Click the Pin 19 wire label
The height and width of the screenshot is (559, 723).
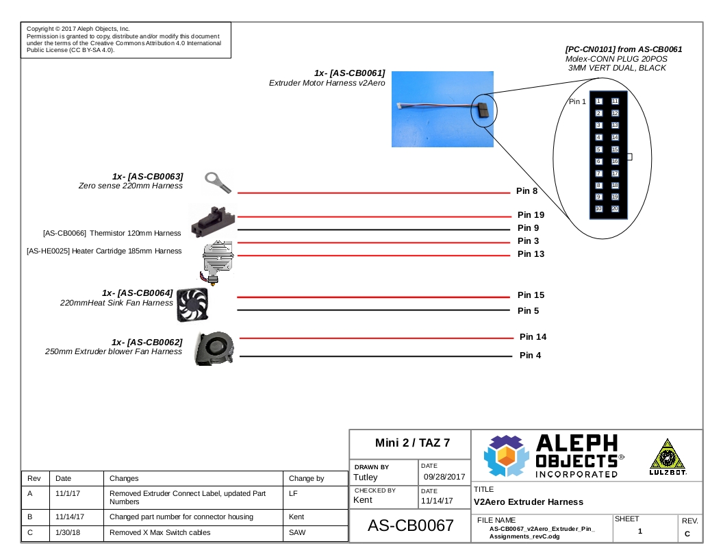[x=531, y=215]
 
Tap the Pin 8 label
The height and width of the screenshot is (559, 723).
[x=527, y=191]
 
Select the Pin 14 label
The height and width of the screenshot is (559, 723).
[x=533, y=336]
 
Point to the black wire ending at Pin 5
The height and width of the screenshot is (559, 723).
[x=374, y=310]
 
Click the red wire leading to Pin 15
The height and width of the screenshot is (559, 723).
[x=374, y=297]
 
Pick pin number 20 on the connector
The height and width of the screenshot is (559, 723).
[x=615, y=208]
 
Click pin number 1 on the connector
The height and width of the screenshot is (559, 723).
[x=598, y=101]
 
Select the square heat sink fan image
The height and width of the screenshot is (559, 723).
[x=193, y=304]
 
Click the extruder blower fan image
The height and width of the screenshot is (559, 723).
[x=214, y=348]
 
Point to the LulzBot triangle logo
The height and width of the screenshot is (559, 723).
[x=668, y=457]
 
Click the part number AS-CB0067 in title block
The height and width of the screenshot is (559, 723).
[x=410, y=525]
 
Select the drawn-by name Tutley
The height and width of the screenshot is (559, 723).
[x=365, y=477]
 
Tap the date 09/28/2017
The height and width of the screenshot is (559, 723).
[x=444, y=477]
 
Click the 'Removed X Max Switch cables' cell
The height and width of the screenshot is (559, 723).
[x=160, y=533]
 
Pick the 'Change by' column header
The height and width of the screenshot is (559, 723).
[x=307, y=479]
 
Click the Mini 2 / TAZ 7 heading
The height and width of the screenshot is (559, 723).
[x=412, y=443]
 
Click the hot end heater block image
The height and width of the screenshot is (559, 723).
[x=218, y=262]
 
